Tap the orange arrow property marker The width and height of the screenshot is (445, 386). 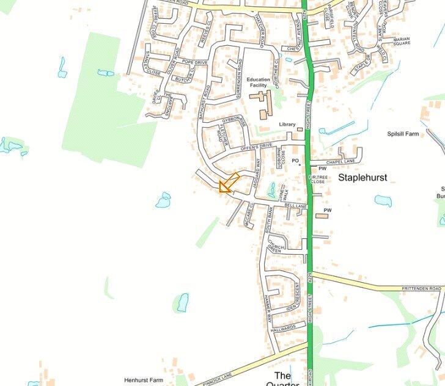tap(227, 183)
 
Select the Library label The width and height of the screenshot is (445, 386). tap(287, 125)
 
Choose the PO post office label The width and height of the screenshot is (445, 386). tap(295, 161)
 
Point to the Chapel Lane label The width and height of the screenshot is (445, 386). tap(340, 162)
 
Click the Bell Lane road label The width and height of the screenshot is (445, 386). tap(295, 207)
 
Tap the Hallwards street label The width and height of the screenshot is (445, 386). tap(284, 326)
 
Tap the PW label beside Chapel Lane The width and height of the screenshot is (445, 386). tap(322, 168)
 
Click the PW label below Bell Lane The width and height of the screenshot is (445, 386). tap(327, 210)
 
